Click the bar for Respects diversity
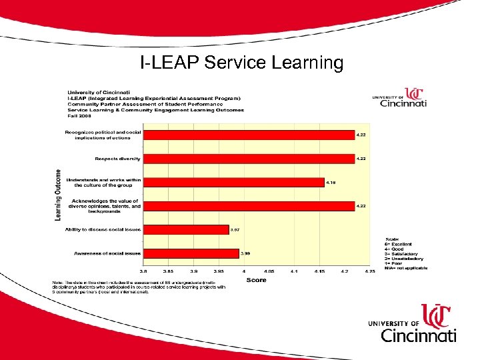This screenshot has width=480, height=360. pyautogui.click(x=249, y=159)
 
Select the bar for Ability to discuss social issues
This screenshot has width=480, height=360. pyautogui.click(x=186, y=229)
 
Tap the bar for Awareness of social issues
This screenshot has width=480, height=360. pyautogui.click(x=191, y=253)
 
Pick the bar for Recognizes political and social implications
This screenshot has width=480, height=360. pyautogui.click(x=249, y=135)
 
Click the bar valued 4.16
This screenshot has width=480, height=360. pyautogui.click(x=234, y=182)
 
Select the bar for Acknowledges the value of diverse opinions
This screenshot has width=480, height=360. pyautogui.click(x=249, y=206)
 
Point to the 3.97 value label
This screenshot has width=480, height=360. pyautogui.click(x=235, y=229)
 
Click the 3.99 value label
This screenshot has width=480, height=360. pyautogui.click(x=245, y=253)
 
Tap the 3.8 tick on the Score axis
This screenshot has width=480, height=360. pyautogui.click(x=143, y=271)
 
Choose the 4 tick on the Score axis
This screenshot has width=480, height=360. pyautogui.click(x=244, y=271)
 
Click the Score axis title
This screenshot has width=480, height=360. pyautogui.click(x=256, y=280)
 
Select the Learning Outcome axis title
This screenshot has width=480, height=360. pyautogui.click(x=58, y=194)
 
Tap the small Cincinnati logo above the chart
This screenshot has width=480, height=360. pyautogui.click(x=399, y=98)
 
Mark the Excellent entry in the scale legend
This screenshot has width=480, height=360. pyautogui.click(x=401, y=243)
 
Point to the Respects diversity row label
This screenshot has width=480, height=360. pyautogui.click(x=117, y=159)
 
